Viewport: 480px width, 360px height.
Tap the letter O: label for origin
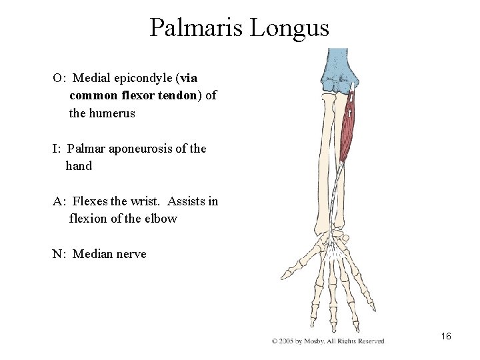59,77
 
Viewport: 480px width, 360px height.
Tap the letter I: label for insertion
58,149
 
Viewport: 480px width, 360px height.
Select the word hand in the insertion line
79,166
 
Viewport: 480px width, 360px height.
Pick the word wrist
147,201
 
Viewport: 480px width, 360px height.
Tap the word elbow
162,219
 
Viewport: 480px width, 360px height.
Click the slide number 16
446,337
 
